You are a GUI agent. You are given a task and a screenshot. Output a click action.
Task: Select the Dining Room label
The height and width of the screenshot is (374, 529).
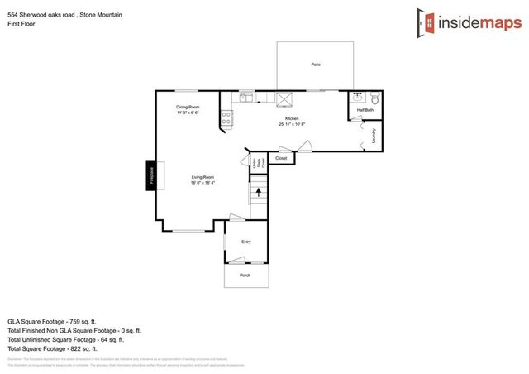pyautogui.click(x=188, y=108)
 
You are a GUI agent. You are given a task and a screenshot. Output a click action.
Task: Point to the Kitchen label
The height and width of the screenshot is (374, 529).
pyautogui.click(x=292, y=119)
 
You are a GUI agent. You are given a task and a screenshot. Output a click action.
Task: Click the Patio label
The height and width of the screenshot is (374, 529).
pyautogui.click(x=315, y=65)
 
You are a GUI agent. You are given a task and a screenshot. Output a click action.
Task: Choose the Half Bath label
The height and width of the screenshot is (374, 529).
pyautogui.click(x=365, y=110)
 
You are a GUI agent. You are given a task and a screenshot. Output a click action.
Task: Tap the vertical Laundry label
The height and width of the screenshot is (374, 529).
pyautogui.click(x=374, y=136)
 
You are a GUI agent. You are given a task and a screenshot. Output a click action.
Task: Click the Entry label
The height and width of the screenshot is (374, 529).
pyautogui.click(x=246, y=242)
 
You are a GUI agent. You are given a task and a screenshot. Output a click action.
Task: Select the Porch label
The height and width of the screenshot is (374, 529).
pyautogui.click(x=245, y=276)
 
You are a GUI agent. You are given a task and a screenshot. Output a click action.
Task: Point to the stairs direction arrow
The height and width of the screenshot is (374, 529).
pyautogui.click(x=259, y=193)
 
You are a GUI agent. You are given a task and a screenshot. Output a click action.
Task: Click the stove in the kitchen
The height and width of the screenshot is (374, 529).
pyautogui.click(x=227, y=119)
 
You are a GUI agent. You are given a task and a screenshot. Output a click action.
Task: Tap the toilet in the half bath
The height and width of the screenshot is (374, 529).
pyautogui.click(x=374, y=98)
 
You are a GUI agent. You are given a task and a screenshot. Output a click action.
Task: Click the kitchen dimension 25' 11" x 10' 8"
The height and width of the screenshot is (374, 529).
pyautogui.click(x=292, y=125)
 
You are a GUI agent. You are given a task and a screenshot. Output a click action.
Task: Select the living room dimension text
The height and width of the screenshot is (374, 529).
pyautogui.click(x=203, y=184)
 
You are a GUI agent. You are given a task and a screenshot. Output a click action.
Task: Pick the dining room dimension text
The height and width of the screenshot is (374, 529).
pyautogui.click(x=188, y=113)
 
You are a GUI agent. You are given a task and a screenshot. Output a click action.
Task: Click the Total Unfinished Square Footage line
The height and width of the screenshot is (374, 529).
pyautogui.click(x=65, y=339)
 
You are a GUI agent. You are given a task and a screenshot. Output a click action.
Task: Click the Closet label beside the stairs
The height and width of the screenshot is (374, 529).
pyautogui.click(x=281, y=158)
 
